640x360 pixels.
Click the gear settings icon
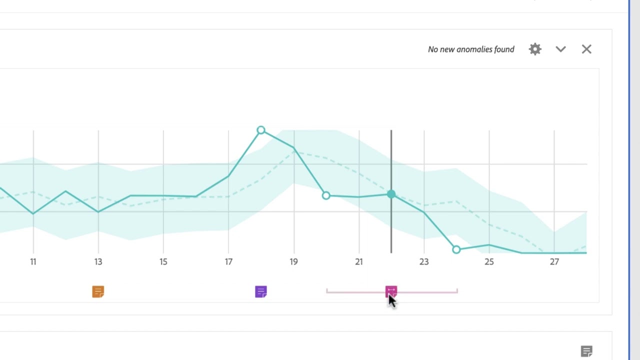(x=535, y=49)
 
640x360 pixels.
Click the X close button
(x=586, y=49)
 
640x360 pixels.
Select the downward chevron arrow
(x=560, y=49)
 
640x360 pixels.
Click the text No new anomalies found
(x=470, y=49)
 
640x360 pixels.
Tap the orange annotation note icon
(x=98, y=291)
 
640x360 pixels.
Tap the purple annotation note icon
(x=260, y=291)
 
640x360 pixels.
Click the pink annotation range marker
(x=391, y=291)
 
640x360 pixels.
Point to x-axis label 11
(x=33, y=261)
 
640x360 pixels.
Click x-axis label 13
(x=98, y=261)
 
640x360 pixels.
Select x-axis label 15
(x=163, y=261)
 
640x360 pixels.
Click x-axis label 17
(x=228, y=261)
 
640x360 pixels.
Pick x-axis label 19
(x=293, y=261)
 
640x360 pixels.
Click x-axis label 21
(x=358, y=261)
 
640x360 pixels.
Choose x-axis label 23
(x=424, y=261)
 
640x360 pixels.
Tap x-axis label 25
(x=489, y=261)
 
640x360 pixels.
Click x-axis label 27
(x=554, y=261)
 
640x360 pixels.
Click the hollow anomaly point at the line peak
(x=260, y=130)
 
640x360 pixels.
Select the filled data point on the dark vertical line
(x=391, y=194)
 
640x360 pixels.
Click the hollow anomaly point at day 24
(x=456, y=249)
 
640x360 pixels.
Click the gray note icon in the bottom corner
(x=586, y=351)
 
